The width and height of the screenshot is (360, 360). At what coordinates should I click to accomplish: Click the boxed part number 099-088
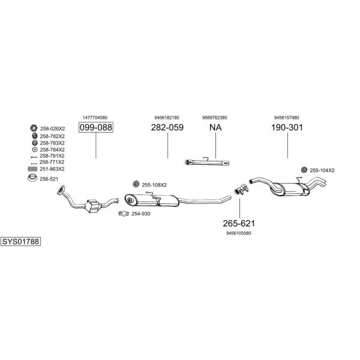click(96, 127)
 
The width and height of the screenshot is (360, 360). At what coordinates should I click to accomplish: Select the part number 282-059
click(167, 127)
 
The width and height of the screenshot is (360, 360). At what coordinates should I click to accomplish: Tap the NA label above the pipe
click(215, 127)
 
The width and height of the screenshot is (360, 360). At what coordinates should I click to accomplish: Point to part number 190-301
click(287, 127)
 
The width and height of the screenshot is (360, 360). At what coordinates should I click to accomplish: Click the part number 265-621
click(239, 223)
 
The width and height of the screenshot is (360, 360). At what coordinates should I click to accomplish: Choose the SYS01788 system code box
click(20, 242)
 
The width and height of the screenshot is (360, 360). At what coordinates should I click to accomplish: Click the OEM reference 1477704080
click(95, 118)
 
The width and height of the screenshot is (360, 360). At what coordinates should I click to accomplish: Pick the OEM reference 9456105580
click(239, 233)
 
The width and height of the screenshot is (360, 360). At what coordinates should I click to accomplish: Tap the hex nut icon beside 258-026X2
click(34, 128)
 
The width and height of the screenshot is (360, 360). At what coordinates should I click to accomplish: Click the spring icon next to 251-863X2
click(32, 169)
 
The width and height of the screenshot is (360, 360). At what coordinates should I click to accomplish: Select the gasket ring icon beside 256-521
click(32, 178)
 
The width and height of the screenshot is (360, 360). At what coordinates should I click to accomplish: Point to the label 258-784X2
click(52, 149)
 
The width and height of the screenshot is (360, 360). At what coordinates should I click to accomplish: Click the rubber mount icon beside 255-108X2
click(136, 184)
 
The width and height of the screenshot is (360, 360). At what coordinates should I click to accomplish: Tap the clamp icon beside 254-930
click(124, 214)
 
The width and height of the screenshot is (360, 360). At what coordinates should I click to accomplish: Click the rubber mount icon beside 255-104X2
click(304, 170)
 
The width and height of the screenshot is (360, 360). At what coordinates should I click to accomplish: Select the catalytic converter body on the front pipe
click(92, 205)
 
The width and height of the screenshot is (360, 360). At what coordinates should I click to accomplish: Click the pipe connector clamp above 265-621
click(241, 189)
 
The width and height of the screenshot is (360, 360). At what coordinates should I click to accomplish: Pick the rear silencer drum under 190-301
click(290, 190)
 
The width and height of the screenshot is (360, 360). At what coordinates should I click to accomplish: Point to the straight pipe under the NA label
click(207, 163)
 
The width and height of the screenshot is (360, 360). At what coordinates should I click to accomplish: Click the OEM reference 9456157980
click(287, 118)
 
